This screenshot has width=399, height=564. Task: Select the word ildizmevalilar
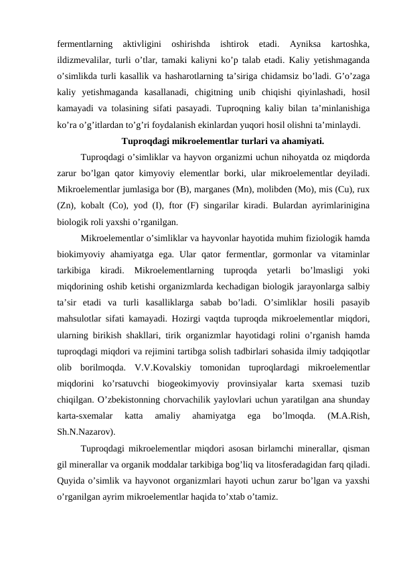(83, 60)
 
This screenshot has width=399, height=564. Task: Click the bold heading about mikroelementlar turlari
(223, 141)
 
